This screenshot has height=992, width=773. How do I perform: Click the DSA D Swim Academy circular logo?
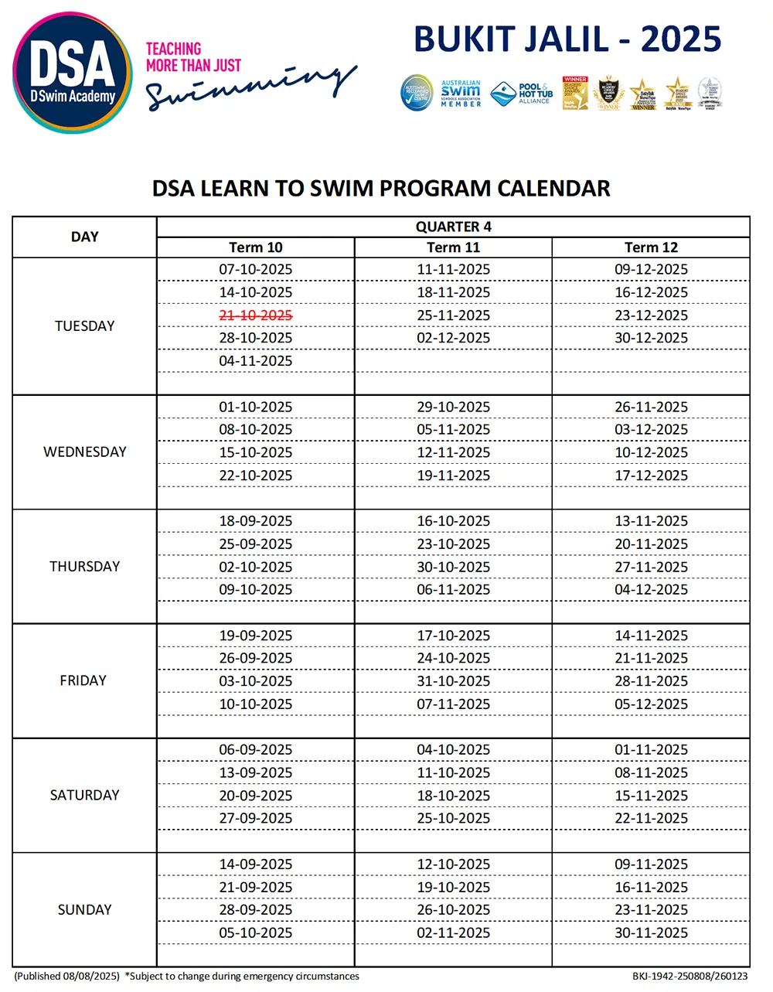tap(73, 73)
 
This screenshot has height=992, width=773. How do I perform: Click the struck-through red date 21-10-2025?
tap(256, 315)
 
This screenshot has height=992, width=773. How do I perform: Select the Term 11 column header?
tap(453, 247)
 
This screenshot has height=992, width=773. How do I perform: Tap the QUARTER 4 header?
tap(453, 227)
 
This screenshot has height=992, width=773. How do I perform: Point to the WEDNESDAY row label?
tap(85, 452)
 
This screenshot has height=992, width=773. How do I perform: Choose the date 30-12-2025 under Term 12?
tap(651, 338)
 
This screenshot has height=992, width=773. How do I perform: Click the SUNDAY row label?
tap(85, 910)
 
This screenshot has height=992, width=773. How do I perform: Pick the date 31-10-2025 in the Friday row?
tap(453, 681)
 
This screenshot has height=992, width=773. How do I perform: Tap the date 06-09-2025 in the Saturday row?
tap(256, 750)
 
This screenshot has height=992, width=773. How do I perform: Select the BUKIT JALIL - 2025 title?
tap(567, 39)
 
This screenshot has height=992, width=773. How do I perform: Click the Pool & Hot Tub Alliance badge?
tap(523, 94)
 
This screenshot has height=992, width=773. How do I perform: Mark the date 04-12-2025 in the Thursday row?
tap(651, 590)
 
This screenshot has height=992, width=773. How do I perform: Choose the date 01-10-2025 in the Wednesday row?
tap(256, 407)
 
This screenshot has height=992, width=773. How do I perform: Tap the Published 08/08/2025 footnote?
tap(67, 977)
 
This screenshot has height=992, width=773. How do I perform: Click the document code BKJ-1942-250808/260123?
tap(690, 977)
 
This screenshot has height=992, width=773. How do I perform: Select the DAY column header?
tap(85, 237)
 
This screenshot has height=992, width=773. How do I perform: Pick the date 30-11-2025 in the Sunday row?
tap(651, 933)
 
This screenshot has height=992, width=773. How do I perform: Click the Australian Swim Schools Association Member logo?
tap(461, 94)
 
